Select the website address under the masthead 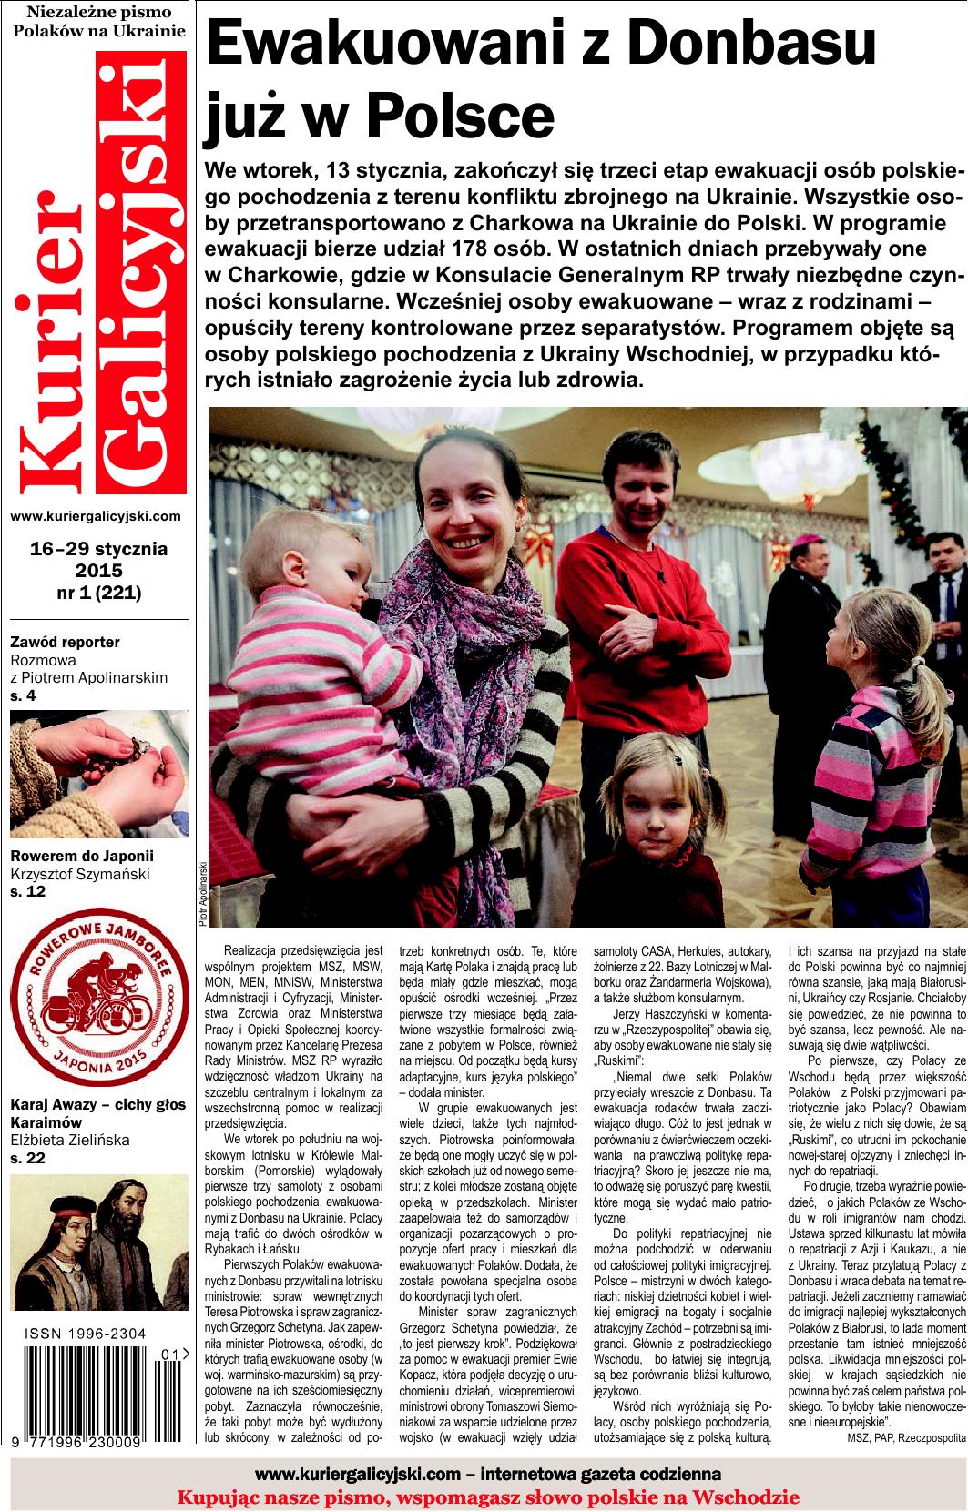pos(96,515)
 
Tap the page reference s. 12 pos(27,891)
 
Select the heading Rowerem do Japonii pos(82,856)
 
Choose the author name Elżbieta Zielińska pos(70,1139)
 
